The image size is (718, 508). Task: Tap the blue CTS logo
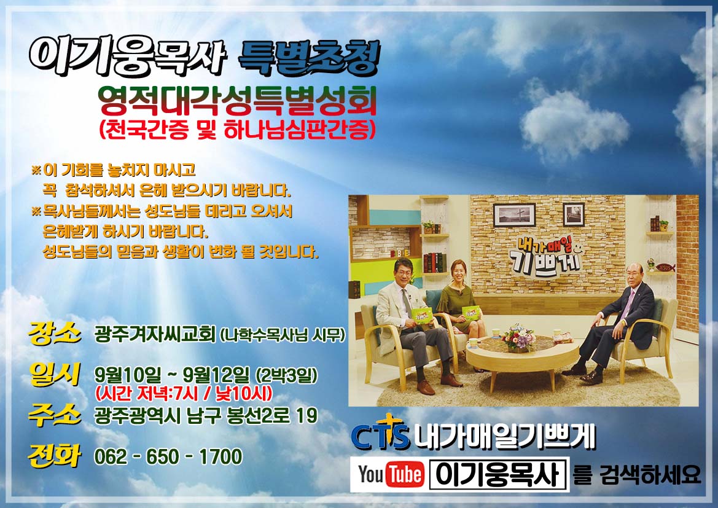[x=380, y=432]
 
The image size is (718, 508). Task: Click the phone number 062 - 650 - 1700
[x=168, y=456]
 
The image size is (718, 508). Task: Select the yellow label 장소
[x=55, y=332]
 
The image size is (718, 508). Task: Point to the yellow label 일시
[x=55, y=374]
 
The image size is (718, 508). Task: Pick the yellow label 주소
[x=55, y=415]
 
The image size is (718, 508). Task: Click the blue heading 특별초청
[x=310, y=58]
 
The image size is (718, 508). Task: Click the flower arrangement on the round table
[x=518, y=338]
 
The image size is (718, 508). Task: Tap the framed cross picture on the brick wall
[x=514, y=215]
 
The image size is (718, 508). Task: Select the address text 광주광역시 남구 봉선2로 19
[x=206, y=416]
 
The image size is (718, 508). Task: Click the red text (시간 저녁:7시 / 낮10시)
[x=184, y=393]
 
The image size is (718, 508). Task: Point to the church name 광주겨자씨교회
[x=155, y=335]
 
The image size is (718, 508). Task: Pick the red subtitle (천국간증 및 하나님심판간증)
[x=237, y=129]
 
